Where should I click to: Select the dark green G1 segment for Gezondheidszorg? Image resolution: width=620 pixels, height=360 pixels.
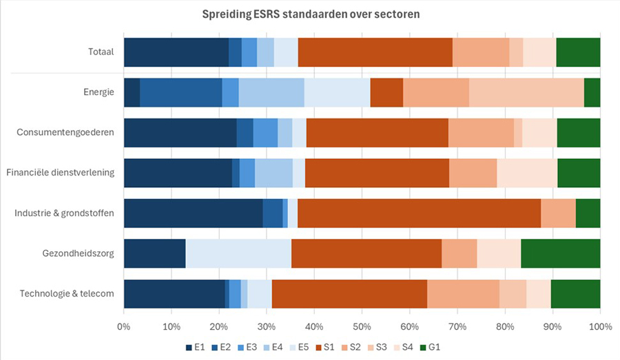coord(560,253)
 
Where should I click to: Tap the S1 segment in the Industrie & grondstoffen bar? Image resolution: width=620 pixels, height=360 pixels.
coord(419,213)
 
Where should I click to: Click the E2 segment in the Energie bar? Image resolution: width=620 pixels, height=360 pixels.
coord(180,92)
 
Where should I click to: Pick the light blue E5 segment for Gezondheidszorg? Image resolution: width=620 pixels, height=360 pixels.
coord(238,253)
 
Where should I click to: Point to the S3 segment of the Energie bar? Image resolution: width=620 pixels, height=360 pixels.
coord(526,92)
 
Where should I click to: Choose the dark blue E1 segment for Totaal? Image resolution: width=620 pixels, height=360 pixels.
coord(176,52)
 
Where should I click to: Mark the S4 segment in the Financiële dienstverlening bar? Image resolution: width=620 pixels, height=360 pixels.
coord(527,173)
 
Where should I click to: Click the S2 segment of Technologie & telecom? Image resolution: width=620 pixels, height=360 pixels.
coord(463,294)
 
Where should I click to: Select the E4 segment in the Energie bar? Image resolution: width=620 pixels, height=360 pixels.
coord(271,92)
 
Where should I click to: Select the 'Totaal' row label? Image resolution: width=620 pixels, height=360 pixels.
coord(101,52)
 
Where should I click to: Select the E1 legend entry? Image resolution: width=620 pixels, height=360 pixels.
coord(196,346)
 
